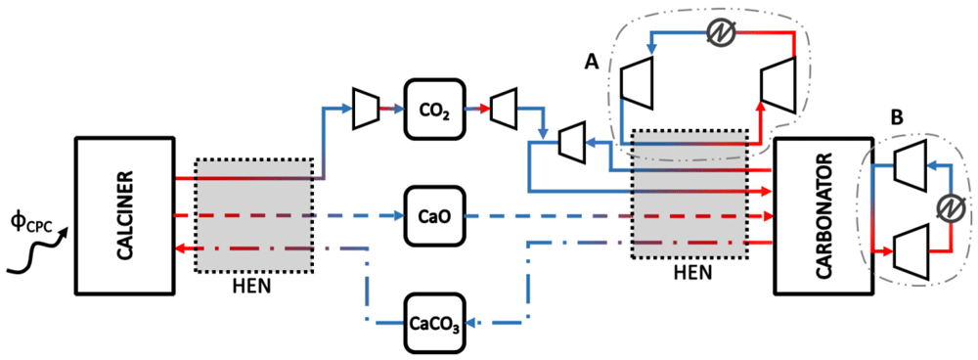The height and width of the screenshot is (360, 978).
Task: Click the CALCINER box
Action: point(125,214)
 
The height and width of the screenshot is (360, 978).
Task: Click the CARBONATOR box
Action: point(822,214)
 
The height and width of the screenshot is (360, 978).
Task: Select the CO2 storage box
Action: point(435,113)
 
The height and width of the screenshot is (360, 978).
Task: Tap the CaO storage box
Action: point(436,215)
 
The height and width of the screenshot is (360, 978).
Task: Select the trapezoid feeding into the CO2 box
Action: point(365,110)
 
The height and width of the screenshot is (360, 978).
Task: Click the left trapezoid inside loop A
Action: point(637,83)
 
